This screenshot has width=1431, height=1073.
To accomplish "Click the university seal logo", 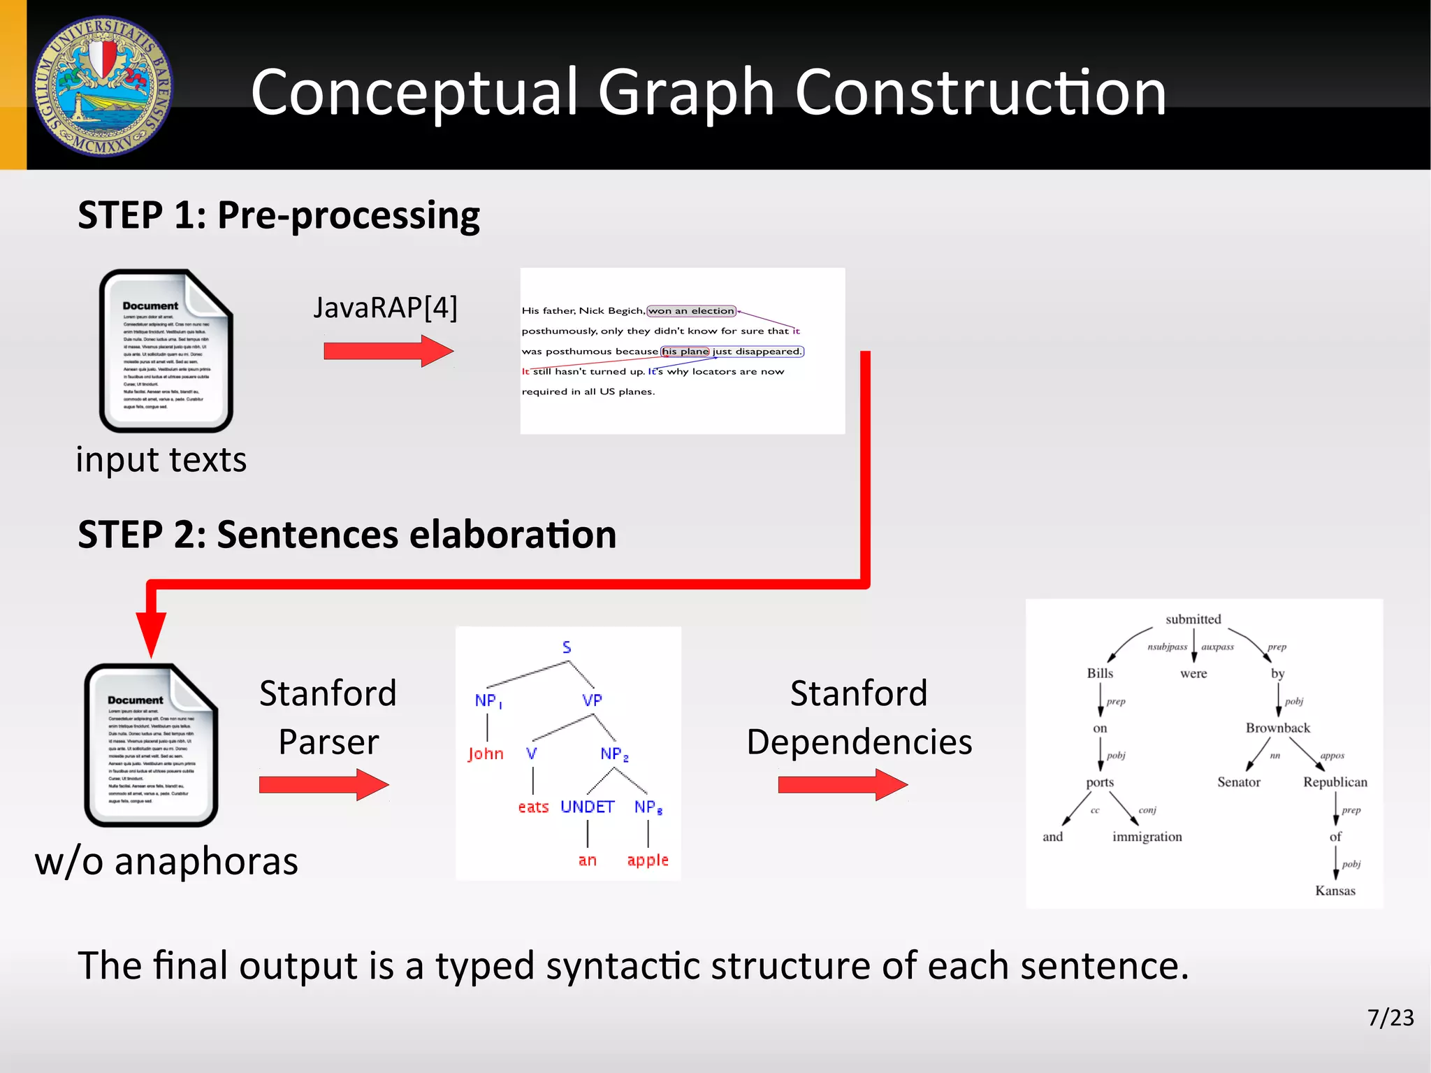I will [103, 86].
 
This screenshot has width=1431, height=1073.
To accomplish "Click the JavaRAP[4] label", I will [385, 308].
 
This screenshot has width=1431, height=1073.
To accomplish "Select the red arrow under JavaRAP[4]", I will [388, 351].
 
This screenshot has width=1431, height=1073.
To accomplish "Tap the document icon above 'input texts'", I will [166, 351].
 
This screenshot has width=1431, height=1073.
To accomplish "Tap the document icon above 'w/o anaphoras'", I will [151, 745].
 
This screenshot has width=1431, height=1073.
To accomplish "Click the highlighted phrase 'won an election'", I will [691, 311].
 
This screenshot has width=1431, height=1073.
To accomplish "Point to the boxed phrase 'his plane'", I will [685, 352].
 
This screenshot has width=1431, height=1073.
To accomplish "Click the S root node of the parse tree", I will [567, 647].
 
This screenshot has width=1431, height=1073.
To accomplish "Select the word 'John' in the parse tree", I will [486, 754].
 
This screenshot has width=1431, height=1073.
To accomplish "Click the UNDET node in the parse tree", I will [587, 807].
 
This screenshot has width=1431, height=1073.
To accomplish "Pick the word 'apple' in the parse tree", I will [648, 860].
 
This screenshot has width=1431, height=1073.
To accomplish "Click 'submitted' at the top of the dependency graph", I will [1193, 619].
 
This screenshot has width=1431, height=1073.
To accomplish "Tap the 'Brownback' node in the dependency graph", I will [1277, 728].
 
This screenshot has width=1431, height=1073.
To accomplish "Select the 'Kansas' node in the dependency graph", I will [1335, 891].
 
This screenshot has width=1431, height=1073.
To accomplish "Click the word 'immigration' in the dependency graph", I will [1147, 837].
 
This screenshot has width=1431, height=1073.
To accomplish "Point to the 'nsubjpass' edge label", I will [1167, 647].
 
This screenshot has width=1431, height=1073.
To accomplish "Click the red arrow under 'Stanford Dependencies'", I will [842, 784].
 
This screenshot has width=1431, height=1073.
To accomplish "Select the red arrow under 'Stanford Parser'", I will [323, 784].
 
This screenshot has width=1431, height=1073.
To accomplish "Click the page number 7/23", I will [1390, 1017].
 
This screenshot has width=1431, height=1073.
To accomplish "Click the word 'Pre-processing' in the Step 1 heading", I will [348, 215].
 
